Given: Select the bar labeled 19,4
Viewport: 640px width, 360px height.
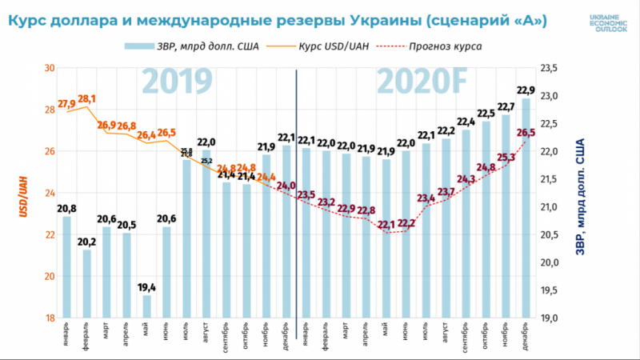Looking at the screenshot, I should pyautogui.click(x=146, y=306).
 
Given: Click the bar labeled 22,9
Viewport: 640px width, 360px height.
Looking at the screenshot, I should pyautogui.click(x=526, y=208).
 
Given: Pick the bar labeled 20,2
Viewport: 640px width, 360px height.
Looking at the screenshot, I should pyautogui.click(x=87, y=283).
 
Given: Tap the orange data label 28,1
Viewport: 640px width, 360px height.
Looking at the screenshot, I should pyautogui.click(x=86, y=99).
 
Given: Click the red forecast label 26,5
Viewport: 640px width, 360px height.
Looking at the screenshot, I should pyautogui.click(x=526, y=133).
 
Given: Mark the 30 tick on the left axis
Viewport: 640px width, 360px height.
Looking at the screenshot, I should pyautogui.click(x=49, y=69).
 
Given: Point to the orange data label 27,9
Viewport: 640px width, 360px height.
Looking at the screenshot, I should pyautogui.click(x=66, y=104).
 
